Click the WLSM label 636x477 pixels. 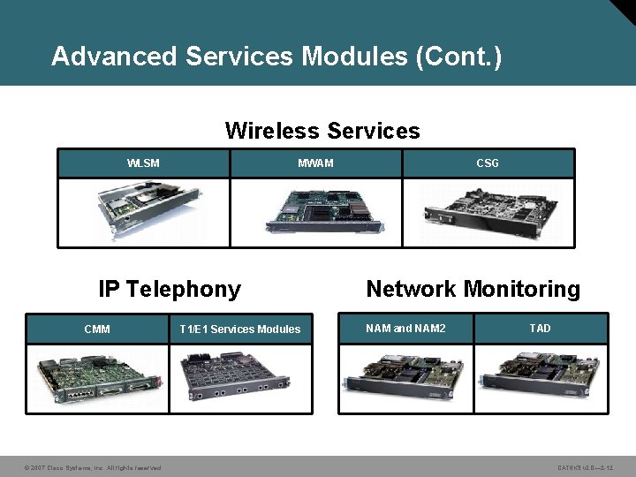click(143, 163)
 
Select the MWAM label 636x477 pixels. click(315, 163)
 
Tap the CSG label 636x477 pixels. click(488, 163)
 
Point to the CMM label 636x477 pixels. click(97, 329)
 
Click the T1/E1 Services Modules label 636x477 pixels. click(240, 329)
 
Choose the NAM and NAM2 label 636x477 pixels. click(406, 329)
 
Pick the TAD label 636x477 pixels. click(540, 329)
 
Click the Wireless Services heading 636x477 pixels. click(322, 132)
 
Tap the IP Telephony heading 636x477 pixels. click(170, 290)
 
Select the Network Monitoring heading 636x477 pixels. click(473, 290)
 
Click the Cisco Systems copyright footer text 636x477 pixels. click(92, 467)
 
